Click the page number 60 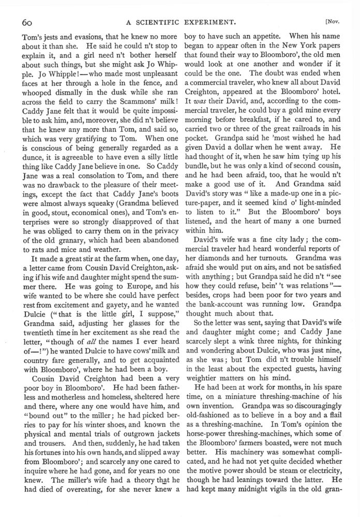point(27,22)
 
